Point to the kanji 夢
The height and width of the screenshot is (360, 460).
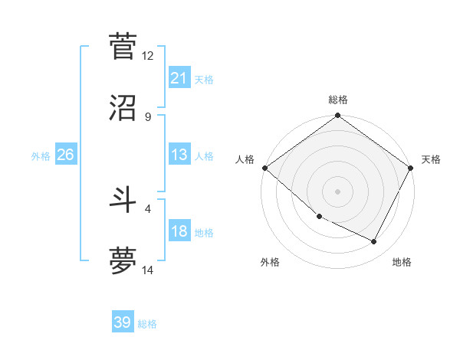[123, 260]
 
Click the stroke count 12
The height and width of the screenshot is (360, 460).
[148, 55]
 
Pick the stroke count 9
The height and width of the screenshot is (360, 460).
[148, 116]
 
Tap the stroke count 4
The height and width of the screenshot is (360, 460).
[148, 208]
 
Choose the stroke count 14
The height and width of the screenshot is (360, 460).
[148, 270]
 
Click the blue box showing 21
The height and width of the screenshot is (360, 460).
[179, 77]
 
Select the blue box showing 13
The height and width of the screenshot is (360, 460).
[179, 155]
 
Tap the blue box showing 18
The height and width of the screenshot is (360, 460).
[179, 231]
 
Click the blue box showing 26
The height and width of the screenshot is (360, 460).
[65, 155]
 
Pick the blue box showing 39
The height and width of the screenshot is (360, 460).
[123, 322]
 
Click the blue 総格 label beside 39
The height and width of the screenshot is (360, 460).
[148, 324]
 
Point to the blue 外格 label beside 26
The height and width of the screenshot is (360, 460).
[41, 155]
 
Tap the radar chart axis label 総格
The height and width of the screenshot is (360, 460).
[338, 100]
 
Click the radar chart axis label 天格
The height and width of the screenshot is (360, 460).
[431, 159]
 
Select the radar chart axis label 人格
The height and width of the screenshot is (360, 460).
[245, 159]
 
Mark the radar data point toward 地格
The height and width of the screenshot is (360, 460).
[374, 242]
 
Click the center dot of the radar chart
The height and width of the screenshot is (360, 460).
[337, 191]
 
